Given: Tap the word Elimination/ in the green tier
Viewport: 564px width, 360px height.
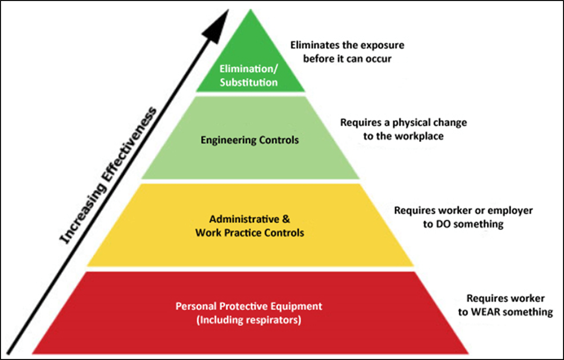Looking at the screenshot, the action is pyautogui.click(x=249, y=69).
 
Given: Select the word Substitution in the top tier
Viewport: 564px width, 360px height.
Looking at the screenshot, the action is pyautogui.click(x=249, y=83).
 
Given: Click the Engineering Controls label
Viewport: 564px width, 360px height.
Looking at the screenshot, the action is pyautogui.click(x=250, y=140).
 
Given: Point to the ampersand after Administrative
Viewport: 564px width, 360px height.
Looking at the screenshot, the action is pyautogui.click(x=286, y=219).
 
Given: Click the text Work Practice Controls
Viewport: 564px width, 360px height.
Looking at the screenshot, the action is pyautogui.click(x=250, y=233).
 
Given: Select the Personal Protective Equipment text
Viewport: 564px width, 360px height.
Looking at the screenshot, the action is pyautogui.click(x=249, y=307).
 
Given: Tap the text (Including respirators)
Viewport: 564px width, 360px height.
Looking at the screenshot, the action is pyautogui.click(x=249, y=320).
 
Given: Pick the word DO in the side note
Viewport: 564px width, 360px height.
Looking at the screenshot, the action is pyautogui.click(x=443, y=224).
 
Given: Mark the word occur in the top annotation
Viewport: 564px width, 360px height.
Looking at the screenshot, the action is pyautogui.click(x=378, y=59).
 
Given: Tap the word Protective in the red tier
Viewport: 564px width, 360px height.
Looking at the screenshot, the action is pyautogui.click(x=243, y=307).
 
